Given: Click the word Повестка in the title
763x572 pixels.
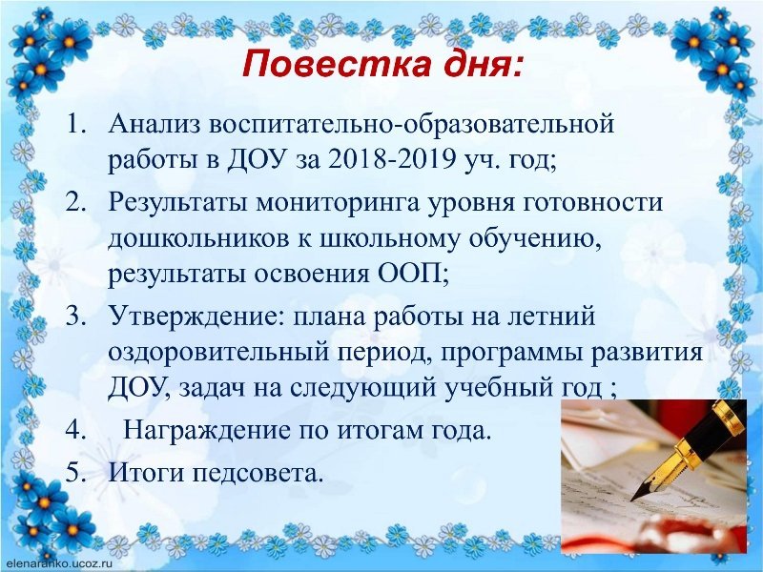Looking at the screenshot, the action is (x=337, y=65).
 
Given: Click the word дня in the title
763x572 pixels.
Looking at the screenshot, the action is (x=483, y=66).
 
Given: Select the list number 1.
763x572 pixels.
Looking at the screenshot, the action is (x=76, y=125).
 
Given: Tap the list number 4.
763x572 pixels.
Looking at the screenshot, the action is (x=75, y=430).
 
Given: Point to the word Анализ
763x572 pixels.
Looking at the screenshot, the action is (x=155, y=125).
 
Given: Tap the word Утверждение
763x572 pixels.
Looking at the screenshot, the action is (x=199, y=317).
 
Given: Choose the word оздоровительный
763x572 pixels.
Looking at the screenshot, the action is (x=218, y=353).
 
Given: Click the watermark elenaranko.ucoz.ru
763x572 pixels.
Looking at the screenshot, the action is (x=58, y=563).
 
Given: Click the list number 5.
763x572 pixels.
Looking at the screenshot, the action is (x=75, y=472).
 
